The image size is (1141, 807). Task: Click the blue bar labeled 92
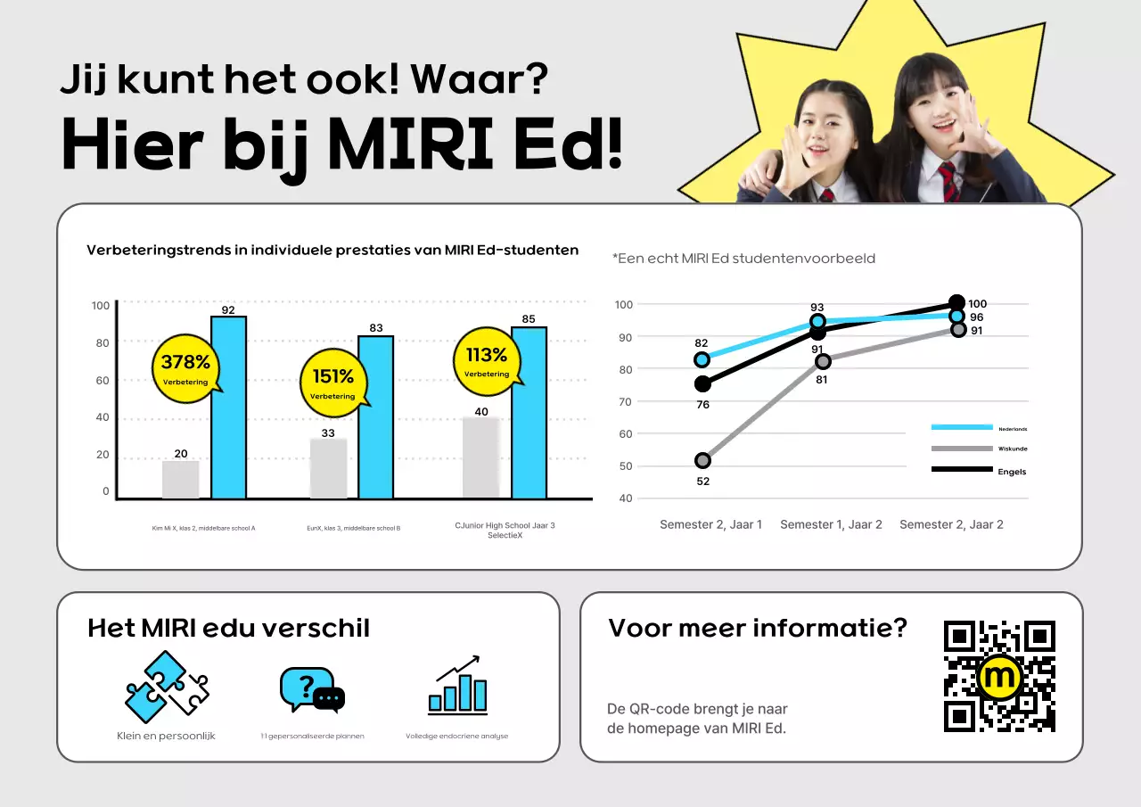(228, 408)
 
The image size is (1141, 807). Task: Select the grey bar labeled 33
(328, 468)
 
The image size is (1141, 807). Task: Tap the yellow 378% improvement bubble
(186, 368)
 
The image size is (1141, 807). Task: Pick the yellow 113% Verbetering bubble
(487, 361)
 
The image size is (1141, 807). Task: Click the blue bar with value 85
(529, 413)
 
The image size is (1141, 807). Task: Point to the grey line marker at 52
(702, 460)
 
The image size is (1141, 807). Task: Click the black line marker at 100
(956, 302)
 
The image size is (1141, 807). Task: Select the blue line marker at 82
(702, 359)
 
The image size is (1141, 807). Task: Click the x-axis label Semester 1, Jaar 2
(831, 524)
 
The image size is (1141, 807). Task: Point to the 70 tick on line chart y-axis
(624, 401)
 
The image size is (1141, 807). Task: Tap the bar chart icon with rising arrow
(457, 687)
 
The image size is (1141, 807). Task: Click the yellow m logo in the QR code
(999, 677)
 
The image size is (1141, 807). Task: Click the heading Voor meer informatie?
(757, 628)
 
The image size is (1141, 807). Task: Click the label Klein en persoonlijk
(166, 736)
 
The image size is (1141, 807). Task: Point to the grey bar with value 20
(181, 480)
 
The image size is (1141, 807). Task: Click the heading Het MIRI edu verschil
(228, 628)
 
